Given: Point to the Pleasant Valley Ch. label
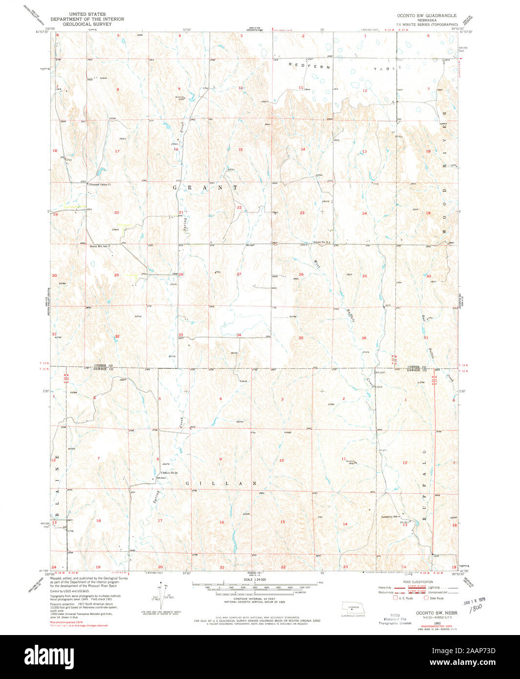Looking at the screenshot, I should [x=100, y=185].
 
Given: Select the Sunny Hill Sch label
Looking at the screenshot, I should [x=98, y=246].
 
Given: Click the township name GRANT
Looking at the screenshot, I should [x=205, y=188].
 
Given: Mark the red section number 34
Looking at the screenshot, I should [x=239, y=335].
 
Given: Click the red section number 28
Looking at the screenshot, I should [x=181, y=275].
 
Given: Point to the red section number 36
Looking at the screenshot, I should [x=364, y=338].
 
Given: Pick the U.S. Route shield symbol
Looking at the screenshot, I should [x=395, y=598].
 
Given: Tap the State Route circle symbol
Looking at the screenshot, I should [x=426, y=598].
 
